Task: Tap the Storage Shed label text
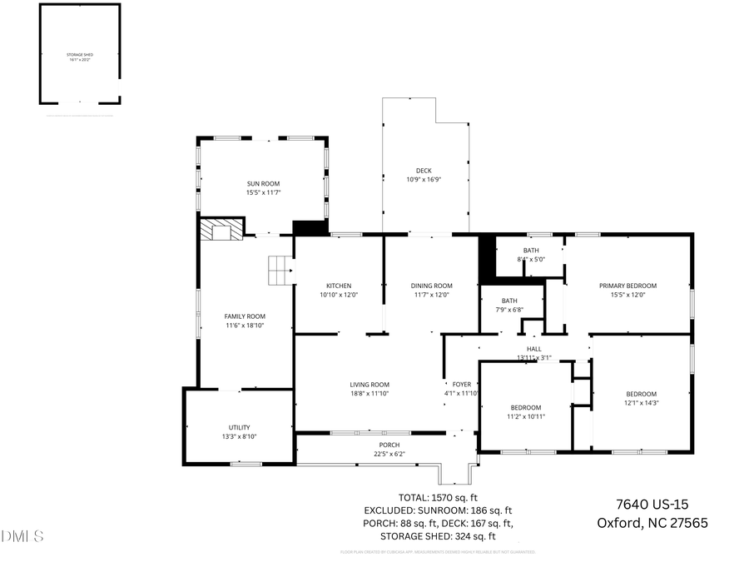[80, 55]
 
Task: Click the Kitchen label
[339, 286]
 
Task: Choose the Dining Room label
[432, 286]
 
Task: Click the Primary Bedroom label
[627, 286]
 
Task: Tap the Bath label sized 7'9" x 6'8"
[509, 301]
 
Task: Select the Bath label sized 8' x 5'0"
[531, 251]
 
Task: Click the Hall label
[533, 349]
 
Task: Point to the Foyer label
[462, 385]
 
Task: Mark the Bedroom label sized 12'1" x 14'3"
[641, 394]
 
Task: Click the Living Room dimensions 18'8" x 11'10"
[370, 394]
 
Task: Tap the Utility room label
[239, 427]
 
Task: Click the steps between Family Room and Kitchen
[279, 270]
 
